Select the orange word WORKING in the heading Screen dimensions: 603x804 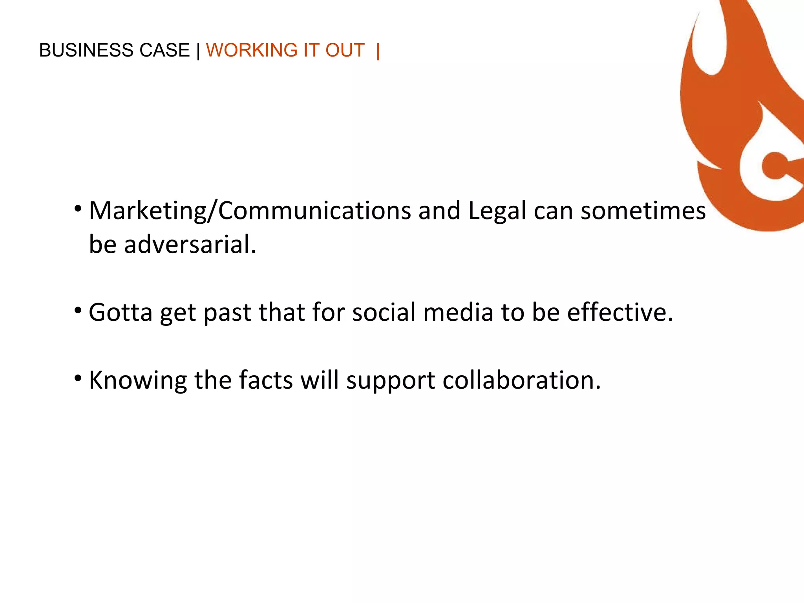[x=252, y=50]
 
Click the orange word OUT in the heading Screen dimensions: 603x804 [x=345, y=50]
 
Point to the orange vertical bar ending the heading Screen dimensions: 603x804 [x=378, y=51]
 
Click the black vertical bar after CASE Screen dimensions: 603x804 [x=198, y=51]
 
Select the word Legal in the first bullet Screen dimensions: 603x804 [x=497, y=211]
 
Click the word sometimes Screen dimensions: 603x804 [x=643, y=211]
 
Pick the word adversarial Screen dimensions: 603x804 [x=190, y=245]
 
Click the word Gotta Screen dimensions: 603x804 [x=121, y=312]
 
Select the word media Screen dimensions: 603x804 [x=458, y=312]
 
